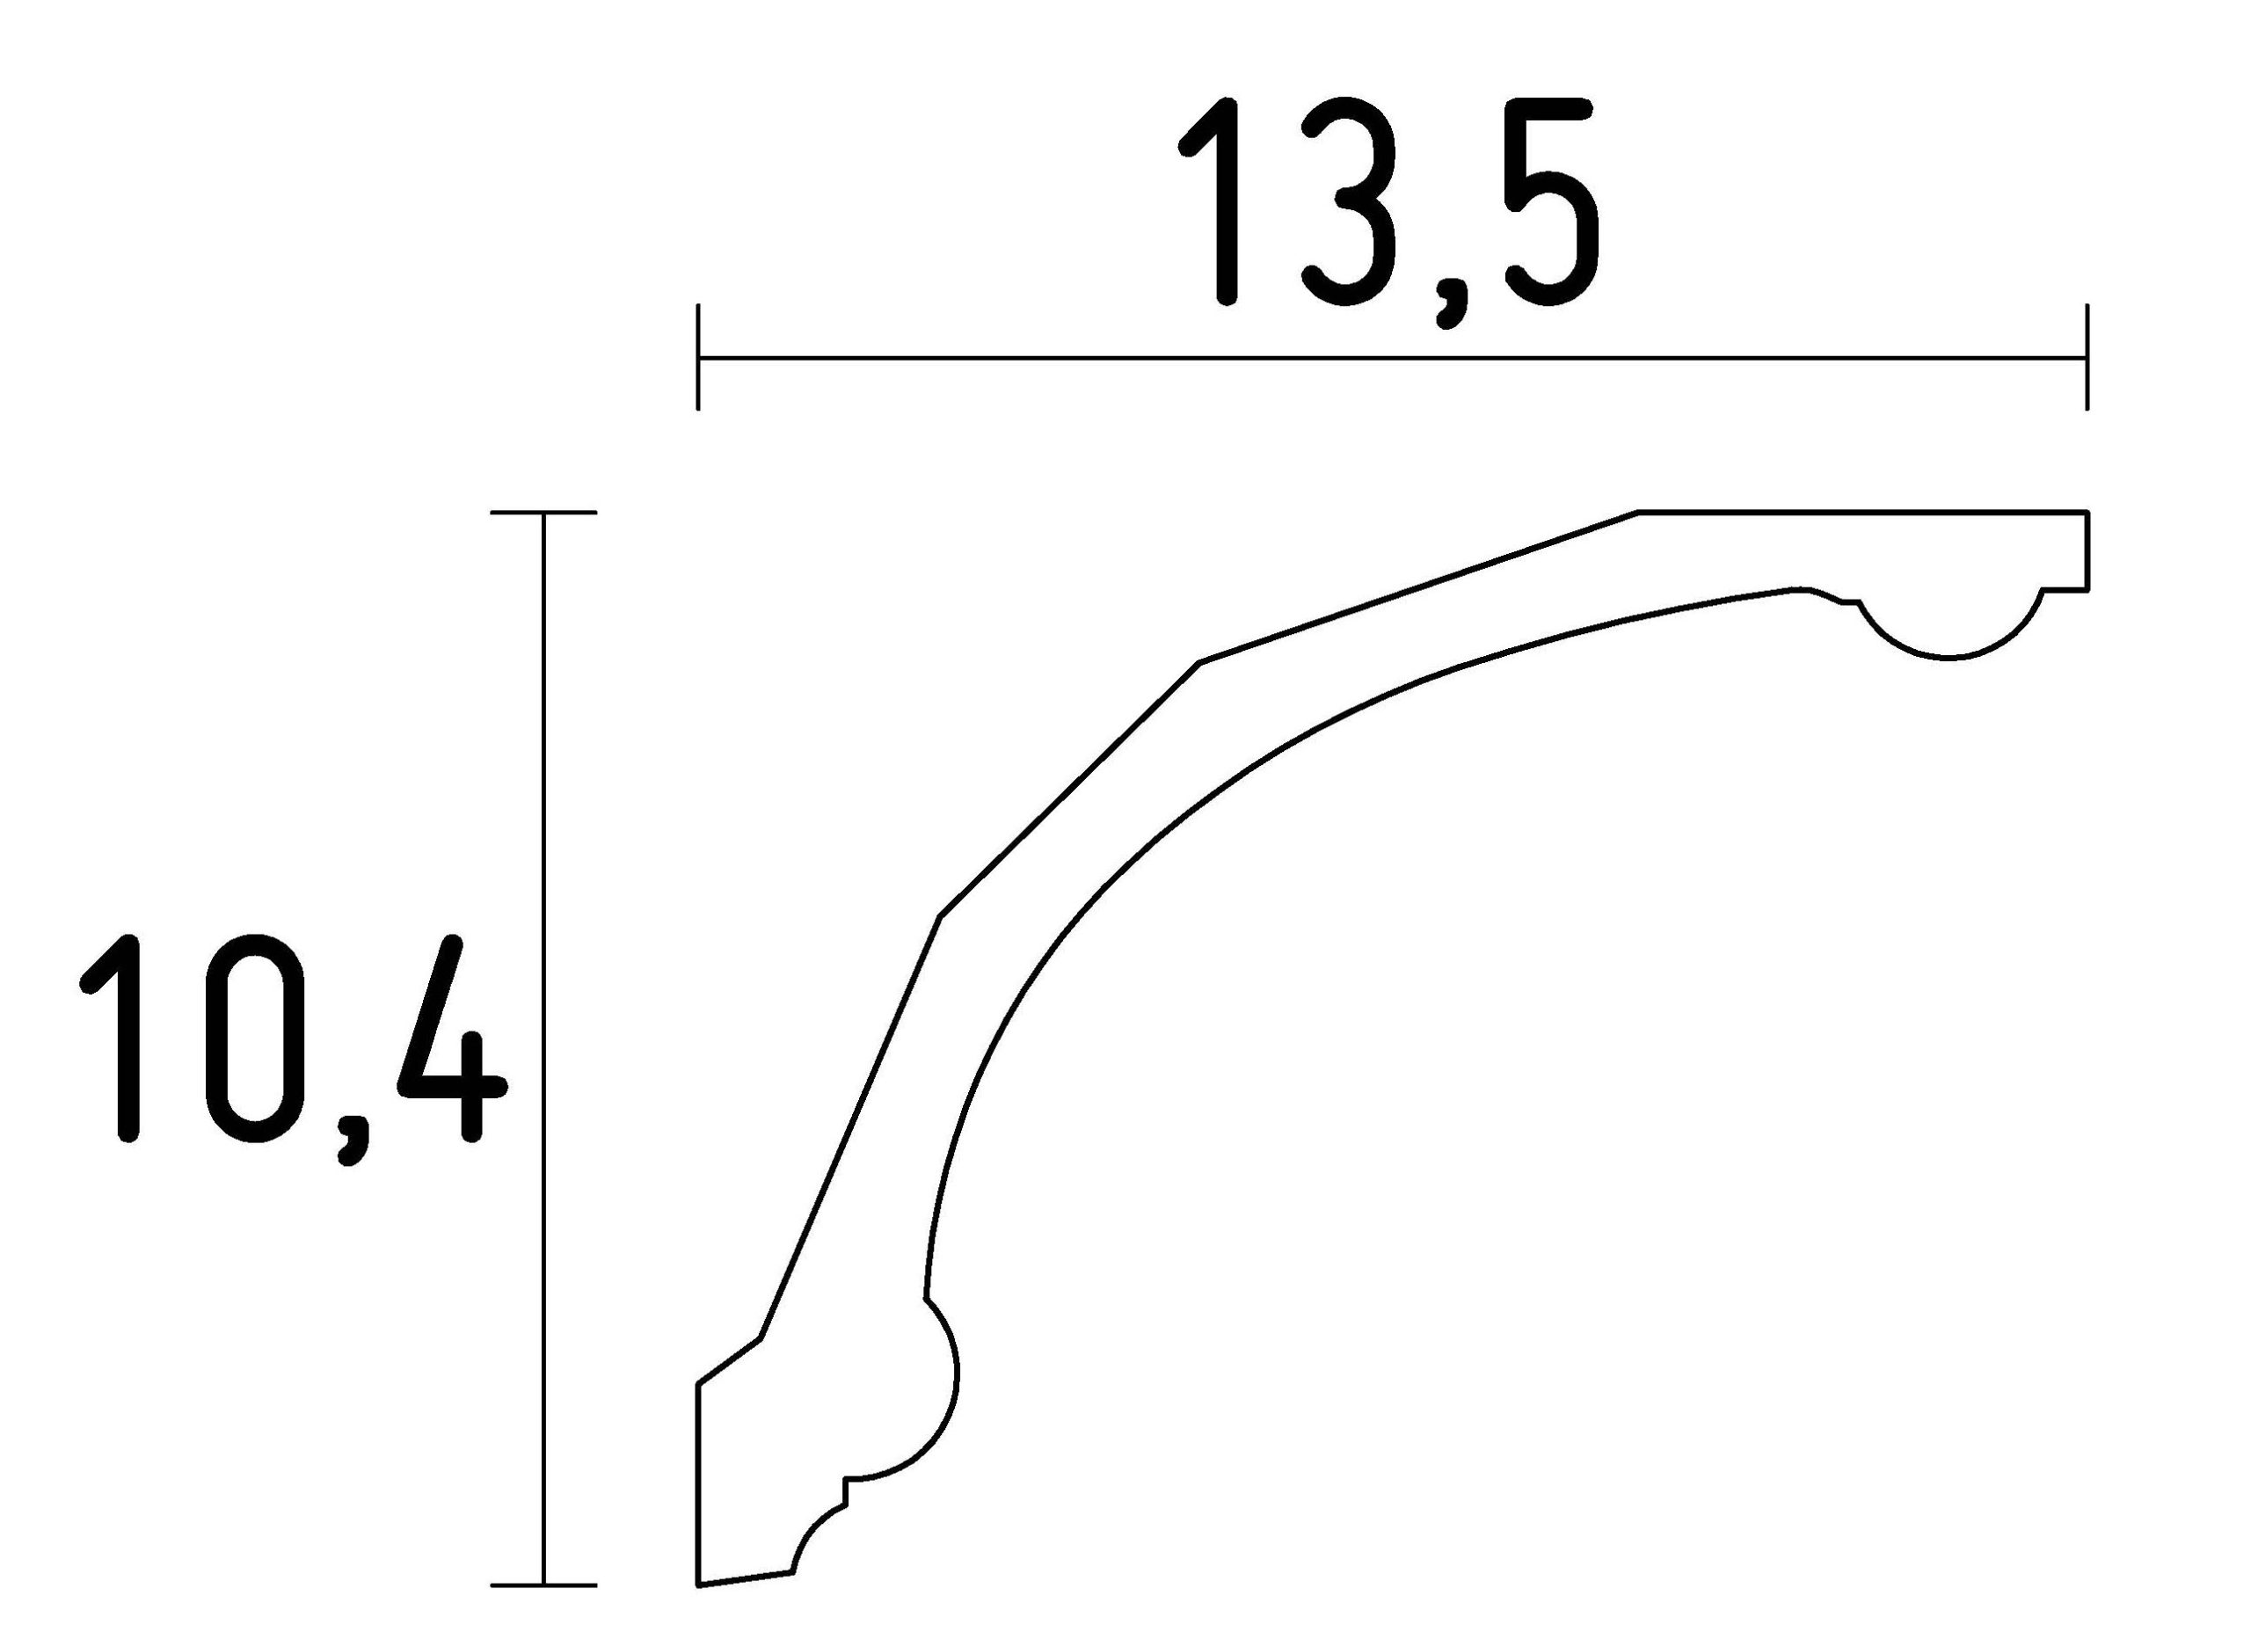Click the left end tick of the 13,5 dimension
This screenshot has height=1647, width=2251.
click(x=698, y=357)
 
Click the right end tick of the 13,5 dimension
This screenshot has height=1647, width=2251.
click(x=2086, y=357)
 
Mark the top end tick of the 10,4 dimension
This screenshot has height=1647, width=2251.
click(x=543, y=513)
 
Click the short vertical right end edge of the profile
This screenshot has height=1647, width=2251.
click(x=2087, y=551)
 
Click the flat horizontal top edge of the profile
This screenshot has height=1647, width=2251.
click(x=1864, y=513)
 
